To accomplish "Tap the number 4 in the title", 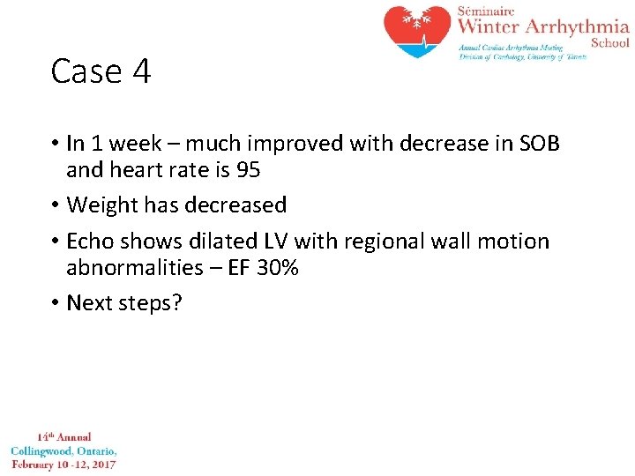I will click(142, 71).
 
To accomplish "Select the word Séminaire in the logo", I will click(485, 11).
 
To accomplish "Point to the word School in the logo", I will click(610, 42).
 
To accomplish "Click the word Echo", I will click(91, 242).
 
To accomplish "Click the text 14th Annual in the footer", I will click(63, 437).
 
